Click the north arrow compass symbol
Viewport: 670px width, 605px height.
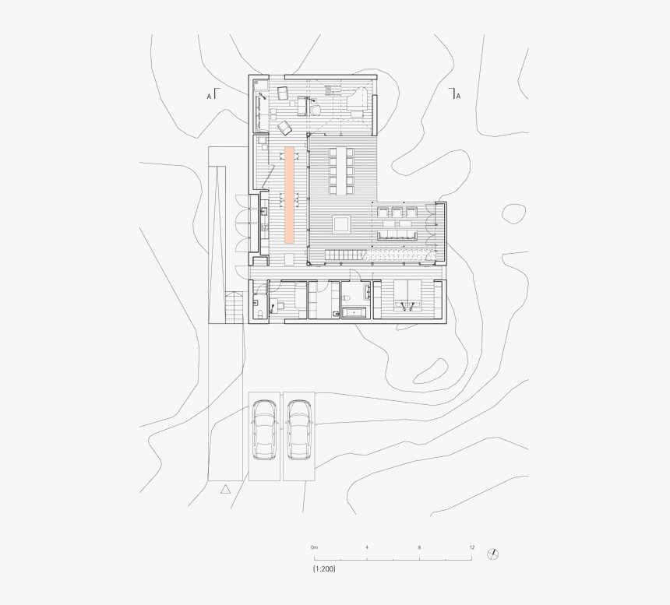(492, 554)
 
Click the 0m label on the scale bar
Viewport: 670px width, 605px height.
(314, 547)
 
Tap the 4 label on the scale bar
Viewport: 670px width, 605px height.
(367, 547)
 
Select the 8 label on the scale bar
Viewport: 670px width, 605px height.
(419, 547)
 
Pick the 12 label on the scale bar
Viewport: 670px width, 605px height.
(471, 547)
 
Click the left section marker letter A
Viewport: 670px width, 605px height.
(209, 96)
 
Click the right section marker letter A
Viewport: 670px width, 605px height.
(458, 96)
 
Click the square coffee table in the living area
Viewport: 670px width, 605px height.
(342, 225)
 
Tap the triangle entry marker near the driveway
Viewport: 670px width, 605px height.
(225, 489)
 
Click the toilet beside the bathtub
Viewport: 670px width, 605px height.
(336, 313)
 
